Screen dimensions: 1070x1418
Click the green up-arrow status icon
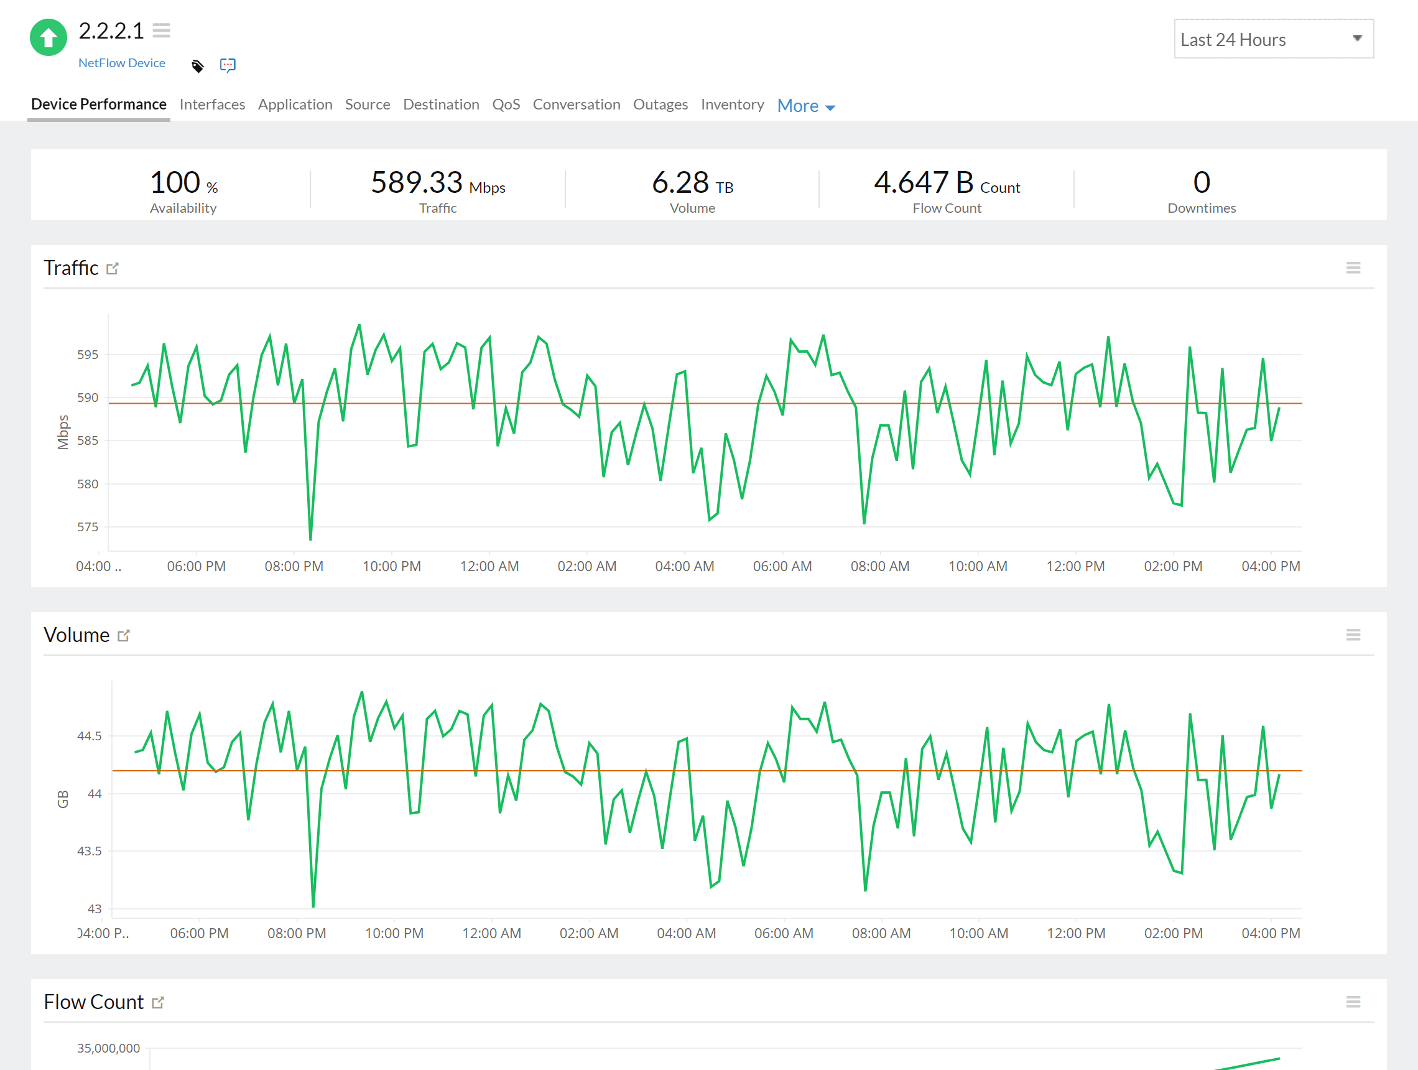(48, 38)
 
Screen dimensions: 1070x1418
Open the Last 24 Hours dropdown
(1272, 39)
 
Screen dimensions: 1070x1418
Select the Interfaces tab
(212, 105)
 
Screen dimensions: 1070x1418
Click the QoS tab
(505, 105)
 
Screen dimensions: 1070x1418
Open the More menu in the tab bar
(805, 106)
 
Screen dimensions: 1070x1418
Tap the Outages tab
(660, 105)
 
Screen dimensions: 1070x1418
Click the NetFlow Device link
(122, 63)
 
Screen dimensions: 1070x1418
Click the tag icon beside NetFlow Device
(197, 65)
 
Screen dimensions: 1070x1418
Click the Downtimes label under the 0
(1201, 208)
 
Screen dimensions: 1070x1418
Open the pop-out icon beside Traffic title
(113, 269)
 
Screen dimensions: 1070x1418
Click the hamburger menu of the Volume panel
(1353, 635)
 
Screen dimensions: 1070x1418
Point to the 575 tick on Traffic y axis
(88, 527)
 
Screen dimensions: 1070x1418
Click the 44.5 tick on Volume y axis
(89, 736)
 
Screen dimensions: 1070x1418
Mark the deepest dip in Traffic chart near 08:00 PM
(310, 539)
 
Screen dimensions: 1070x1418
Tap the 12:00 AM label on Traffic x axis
(489, 567)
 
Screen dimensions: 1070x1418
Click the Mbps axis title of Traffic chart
(63, 432)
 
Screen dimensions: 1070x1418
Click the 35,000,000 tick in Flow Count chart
(108, 1048)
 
